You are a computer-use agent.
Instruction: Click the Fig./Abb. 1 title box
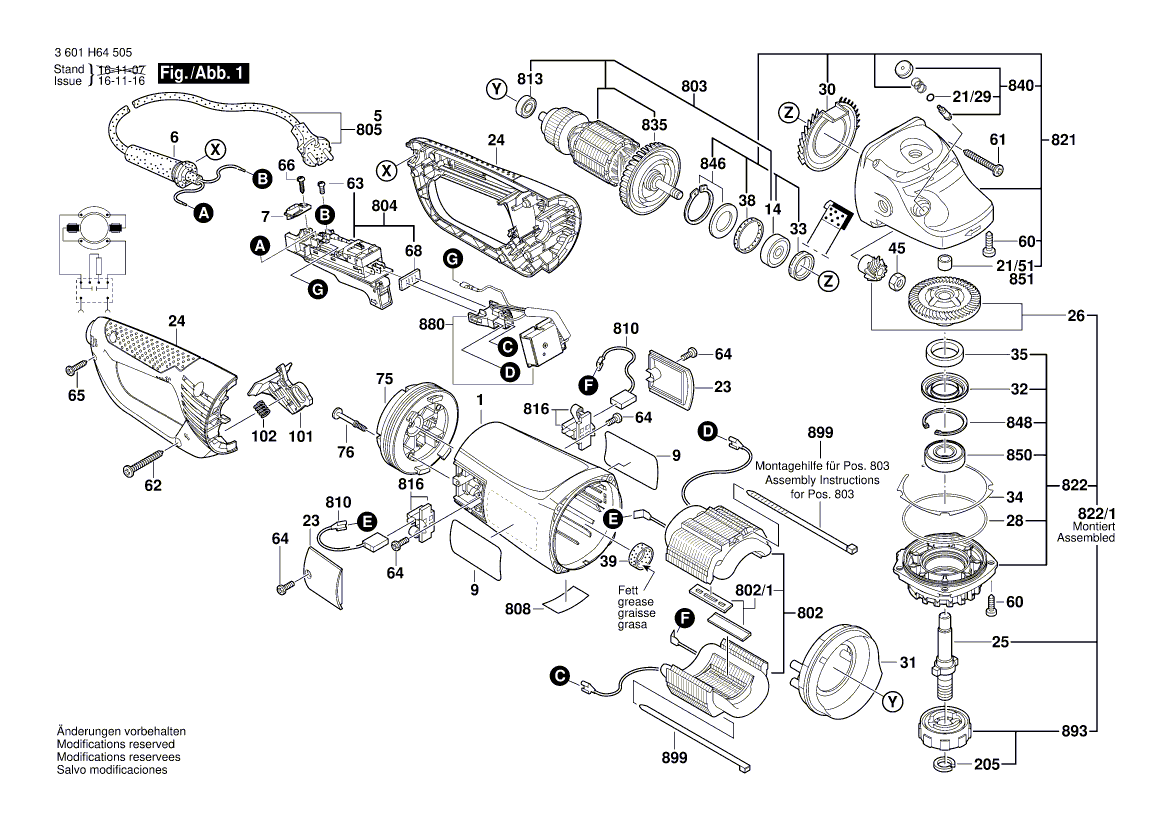(200, 74)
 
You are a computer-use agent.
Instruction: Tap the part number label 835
(655, 125)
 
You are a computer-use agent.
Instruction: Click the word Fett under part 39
(629, 591)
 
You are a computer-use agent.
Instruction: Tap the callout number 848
(1019, 422)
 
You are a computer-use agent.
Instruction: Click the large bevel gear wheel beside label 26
(946, 301)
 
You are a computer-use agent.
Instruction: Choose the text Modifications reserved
(116, 745)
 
